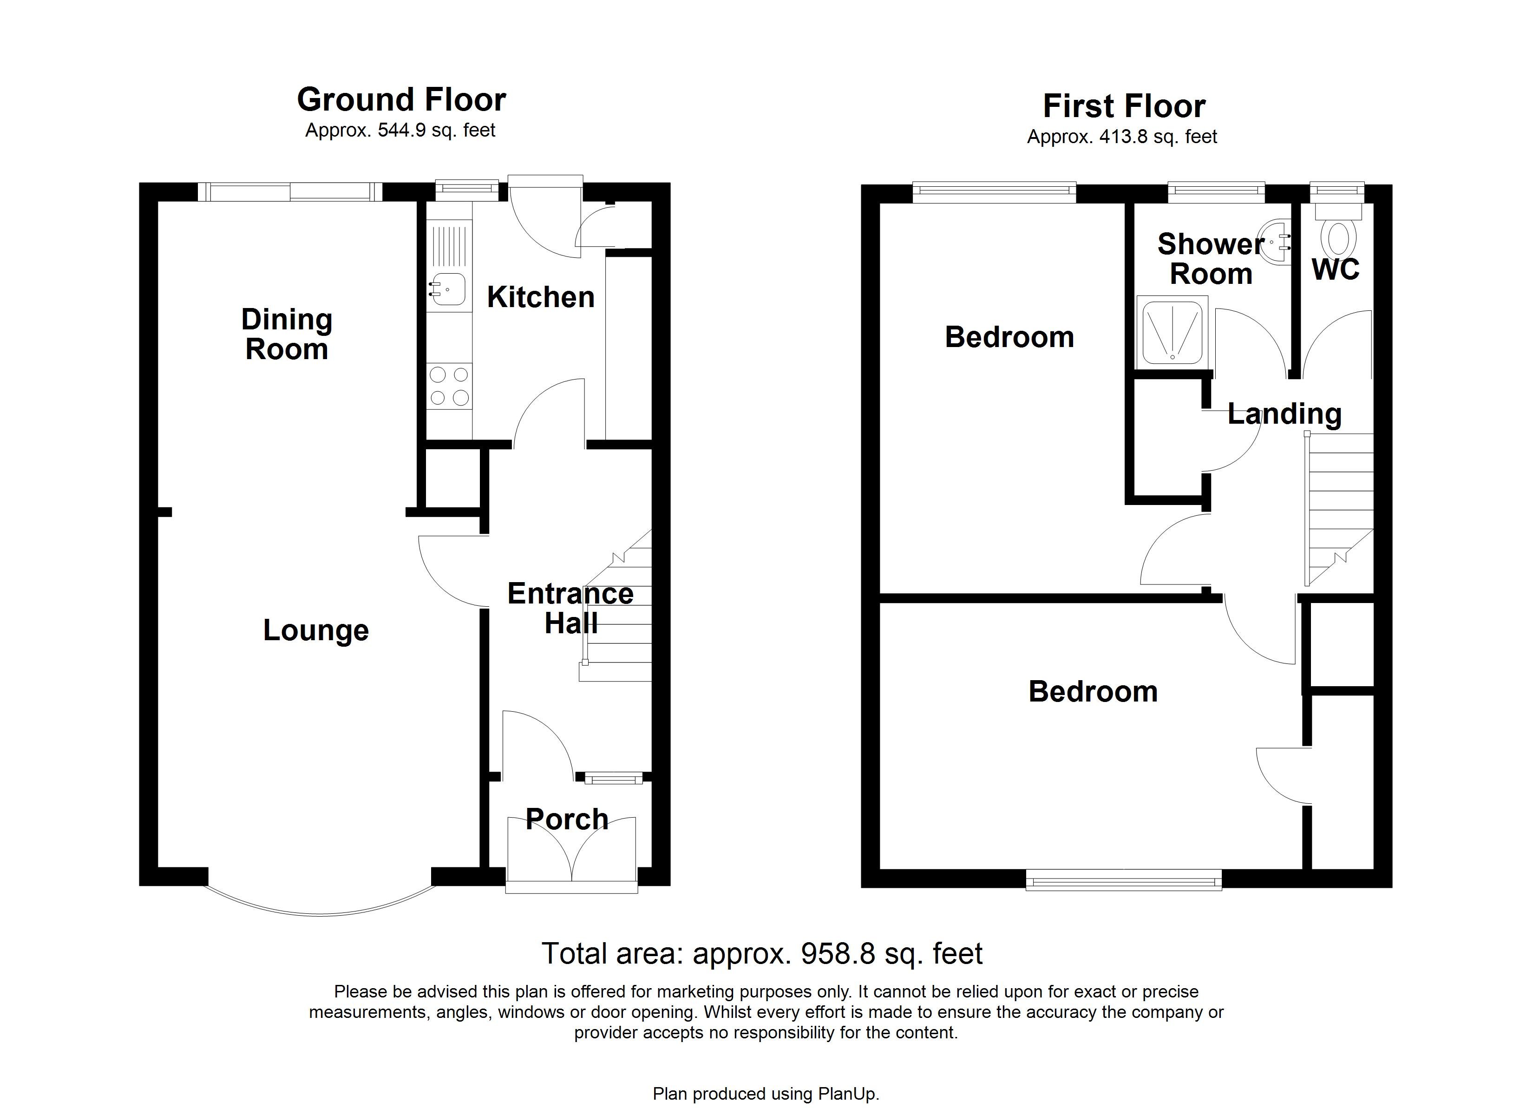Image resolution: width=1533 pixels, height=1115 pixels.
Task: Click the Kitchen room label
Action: pos(540,297)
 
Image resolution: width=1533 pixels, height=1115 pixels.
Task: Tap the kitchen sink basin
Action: pos(449,289)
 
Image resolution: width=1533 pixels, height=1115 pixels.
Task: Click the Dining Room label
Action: pos(287,334)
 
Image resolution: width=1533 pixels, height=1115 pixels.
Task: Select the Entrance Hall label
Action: pos(570,608)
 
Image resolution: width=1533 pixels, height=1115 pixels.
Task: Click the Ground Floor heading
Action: pos(401,100)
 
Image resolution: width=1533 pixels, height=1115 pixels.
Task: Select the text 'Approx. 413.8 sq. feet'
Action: pos(1121,137)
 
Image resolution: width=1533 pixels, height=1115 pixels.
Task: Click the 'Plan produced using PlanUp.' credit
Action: pos(766,1094)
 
